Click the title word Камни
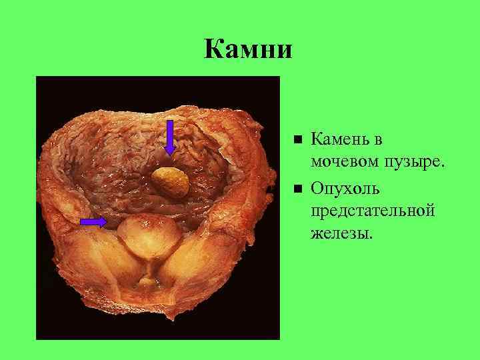coord(248,49)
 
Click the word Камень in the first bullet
coord(342,140)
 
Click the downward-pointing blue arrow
coord(170,137)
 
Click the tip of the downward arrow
coord(170,154)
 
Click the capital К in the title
coord(215,49)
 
